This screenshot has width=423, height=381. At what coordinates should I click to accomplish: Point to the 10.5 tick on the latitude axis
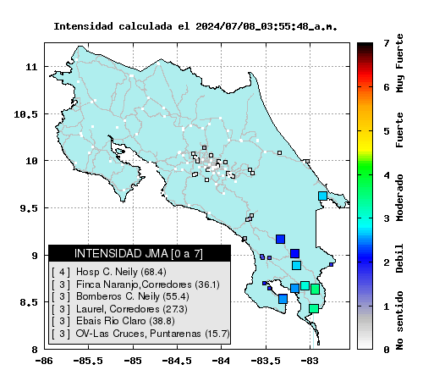click(x=25, y=114)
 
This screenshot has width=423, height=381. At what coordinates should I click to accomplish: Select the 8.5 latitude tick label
click(x=29, y=302)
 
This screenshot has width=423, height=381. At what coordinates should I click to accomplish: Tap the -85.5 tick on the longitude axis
click(x=88, y=361)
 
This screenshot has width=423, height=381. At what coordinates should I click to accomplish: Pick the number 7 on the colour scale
click(x=387, y=43)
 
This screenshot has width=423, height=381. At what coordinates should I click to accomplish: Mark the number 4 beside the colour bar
click(x=387, y=175)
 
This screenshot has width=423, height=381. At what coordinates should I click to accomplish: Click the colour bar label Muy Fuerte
click(x=399, y=63)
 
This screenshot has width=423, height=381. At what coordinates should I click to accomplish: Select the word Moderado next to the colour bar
click(x=399, y=198)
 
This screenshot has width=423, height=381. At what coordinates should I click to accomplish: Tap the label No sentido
click(x=399, y=320)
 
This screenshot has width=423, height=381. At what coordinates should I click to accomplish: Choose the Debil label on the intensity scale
click(x=399, y=258)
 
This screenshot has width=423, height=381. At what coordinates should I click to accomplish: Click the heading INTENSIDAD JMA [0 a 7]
click(x=139, y=253)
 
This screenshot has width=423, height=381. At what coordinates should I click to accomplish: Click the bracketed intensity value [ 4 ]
click(x=61, y=272)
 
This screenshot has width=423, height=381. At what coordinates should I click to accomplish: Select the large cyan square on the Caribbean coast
click(x=322, y=196)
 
